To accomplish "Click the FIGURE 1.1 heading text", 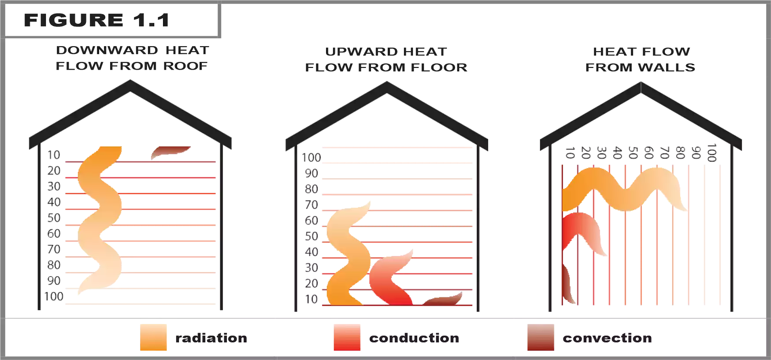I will (x=96, y=20).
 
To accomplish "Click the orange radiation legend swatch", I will (x=153, y=338).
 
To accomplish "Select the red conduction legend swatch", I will (x=347, y=338).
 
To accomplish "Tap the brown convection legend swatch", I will (x=541, y=338).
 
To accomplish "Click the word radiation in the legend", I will (x=211, y=338).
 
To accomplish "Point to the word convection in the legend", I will (x=607, y=338).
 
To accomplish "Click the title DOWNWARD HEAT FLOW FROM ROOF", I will (x=132, y=58).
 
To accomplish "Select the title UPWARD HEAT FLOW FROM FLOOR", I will (x=386, y=59).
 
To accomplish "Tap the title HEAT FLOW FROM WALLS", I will (x=641, y=59).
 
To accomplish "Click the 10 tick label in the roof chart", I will (x=54, y=155).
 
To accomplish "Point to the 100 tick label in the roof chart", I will (x=54, y=297).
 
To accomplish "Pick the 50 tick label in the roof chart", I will (x=54, y=218).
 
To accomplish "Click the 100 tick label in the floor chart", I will (x=311, y=158).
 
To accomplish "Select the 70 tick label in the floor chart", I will (x=311, y=205).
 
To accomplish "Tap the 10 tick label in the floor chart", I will (x=311, y=299).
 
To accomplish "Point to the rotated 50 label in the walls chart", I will (x=633, y=153).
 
